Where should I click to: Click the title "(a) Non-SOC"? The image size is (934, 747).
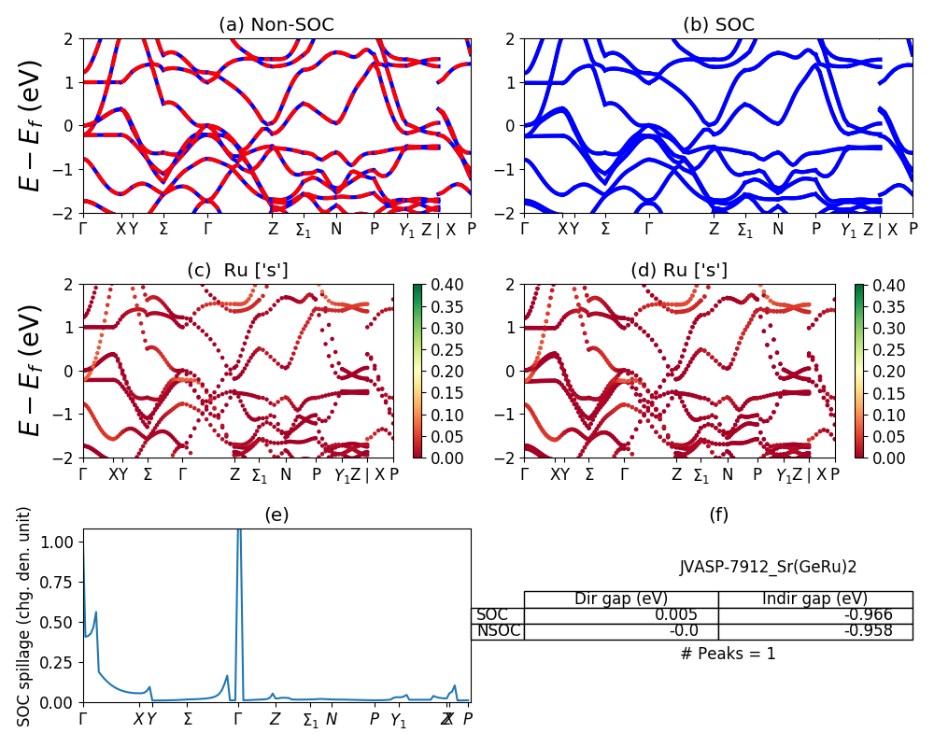click(x=276, y=25)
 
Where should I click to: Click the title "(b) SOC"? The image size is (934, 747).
click(x=718, y=25)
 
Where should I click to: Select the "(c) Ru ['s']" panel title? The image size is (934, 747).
click(x=238, y=270)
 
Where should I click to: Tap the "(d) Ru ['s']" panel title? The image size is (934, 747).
click(x=679, y=270)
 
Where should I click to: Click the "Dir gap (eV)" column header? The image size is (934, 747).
click(x=620, y=599)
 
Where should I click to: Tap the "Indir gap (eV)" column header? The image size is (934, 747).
click(x=814, y=599)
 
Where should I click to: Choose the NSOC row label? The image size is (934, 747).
click(x=497, y=630)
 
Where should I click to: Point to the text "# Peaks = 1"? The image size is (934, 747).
click(x=729, y=654)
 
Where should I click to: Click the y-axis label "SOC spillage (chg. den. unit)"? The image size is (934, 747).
click(x=25, y=616)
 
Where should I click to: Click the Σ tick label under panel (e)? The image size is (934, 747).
click(x=188, y=719)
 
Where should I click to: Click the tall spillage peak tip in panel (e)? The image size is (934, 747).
click(x=239, y=530)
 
